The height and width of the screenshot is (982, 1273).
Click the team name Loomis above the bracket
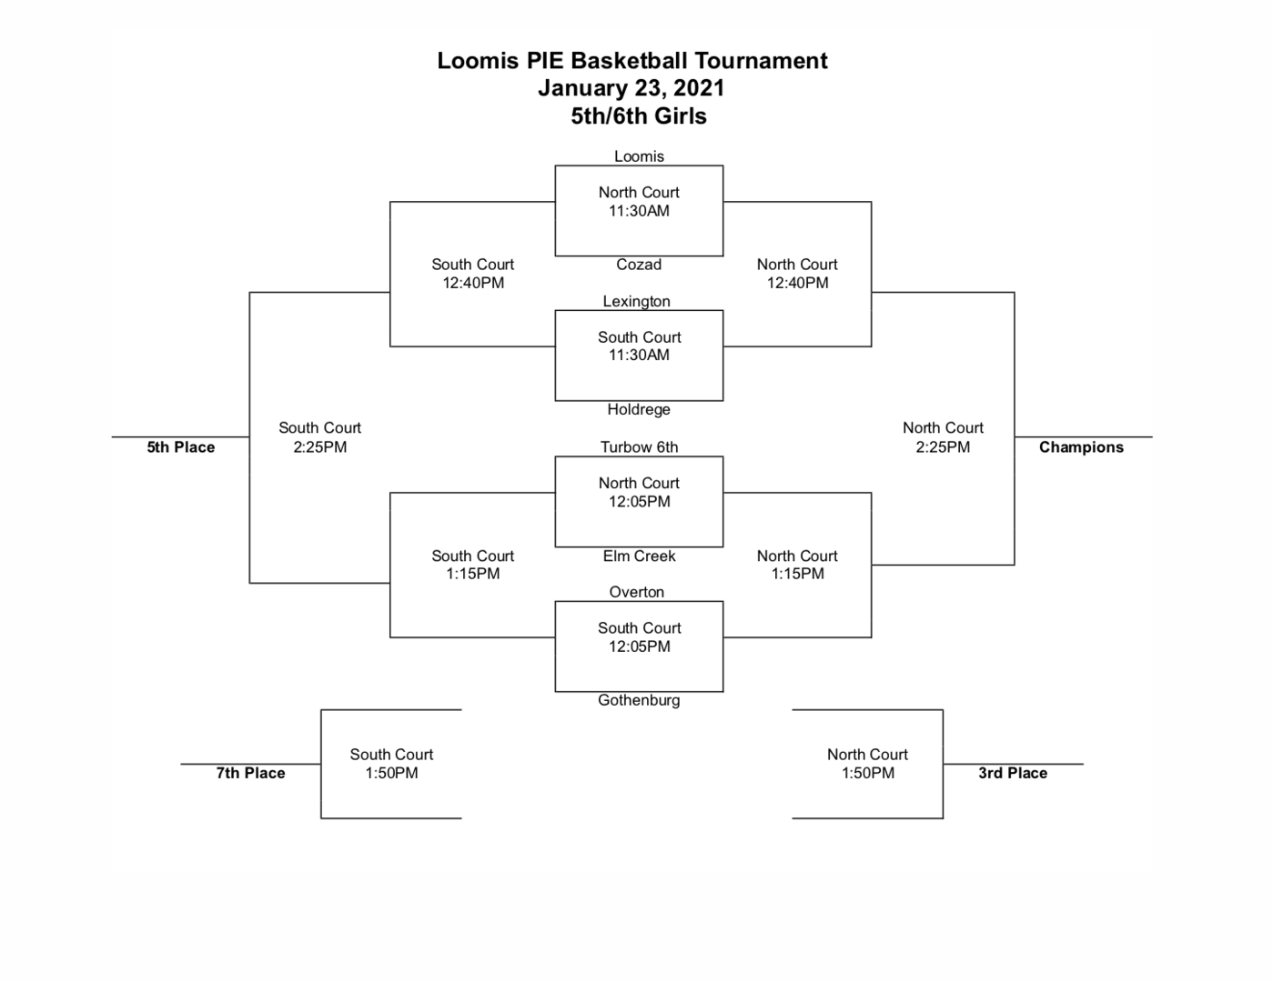coord(639,156)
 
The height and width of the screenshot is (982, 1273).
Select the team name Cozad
coord(639,265)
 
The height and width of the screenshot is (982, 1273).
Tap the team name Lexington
coord(636,301)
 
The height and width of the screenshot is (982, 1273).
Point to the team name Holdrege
coord(639,409)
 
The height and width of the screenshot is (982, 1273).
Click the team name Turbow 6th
coord(639,446)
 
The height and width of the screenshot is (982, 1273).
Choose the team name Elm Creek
coord(639,556)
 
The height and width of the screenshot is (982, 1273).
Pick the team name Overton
coord(636,592)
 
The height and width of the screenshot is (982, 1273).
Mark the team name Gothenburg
coord(639,700)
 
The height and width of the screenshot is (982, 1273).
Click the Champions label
coord(1081,447)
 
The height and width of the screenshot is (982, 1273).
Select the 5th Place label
coord(181,447)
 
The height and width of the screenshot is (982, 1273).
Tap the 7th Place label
coord(250,773)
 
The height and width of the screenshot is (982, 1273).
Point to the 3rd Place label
coord(1013,773)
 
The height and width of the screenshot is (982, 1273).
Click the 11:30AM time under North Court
coord(639,211)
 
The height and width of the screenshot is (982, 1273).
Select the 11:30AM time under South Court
coord(639,356)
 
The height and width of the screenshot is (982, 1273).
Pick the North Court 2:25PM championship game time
coord(943,447)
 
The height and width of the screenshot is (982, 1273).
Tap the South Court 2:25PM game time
coord(319,447)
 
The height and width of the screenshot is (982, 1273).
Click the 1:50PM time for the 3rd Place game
coord(867,773)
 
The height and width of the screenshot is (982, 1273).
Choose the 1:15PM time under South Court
coord(472,574)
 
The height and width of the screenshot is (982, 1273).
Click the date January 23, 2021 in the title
coord(631,88)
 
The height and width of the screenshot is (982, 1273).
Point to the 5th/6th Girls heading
coord(639,116)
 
